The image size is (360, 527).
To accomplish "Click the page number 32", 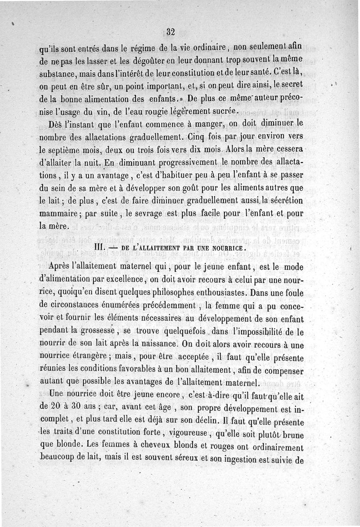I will pyautogui.click(x=170, y=32).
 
